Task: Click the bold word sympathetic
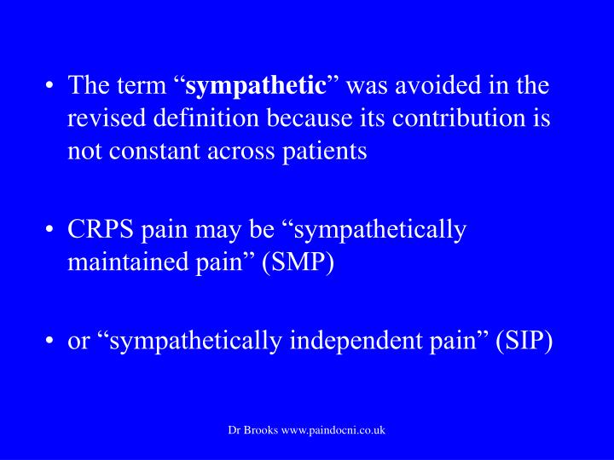(x=256, y=86)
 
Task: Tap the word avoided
(x=437, y=85)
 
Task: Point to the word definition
(x=206, y=118)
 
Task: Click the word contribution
(x=458, y=118)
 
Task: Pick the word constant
(x=154, y=151)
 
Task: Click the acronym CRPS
(x=101, y=229)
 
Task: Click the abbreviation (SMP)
(x=298, y=262)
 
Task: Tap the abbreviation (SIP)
(x=524, y=341)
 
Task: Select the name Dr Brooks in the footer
(x=253, y=430)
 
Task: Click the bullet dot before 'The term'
(x=49, y=85)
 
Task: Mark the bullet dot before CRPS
(x=49, y=230)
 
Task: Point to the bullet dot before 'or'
(x=49, y=340)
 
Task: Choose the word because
(x=310, y=118)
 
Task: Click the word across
(x=240, y=152)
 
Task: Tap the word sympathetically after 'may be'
(x=380, y=230)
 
